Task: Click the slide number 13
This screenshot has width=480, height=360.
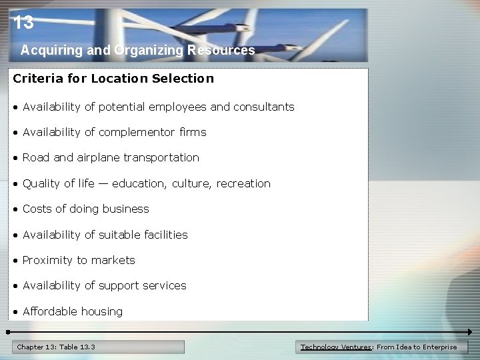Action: pos(23,23)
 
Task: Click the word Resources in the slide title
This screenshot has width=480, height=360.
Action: pos(221,50)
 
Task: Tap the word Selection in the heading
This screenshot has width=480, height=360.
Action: pos(183,79)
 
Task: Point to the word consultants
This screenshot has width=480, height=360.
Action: pos(263,107)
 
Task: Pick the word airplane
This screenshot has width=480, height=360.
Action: pos(99,158)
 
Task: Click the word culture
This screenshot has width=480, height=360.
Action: pos(190,183)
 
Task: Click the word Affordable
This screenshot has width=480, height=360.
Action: pos(50,311)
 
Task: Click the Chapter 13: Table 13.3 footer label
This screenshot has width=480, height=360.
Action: pos(56,347)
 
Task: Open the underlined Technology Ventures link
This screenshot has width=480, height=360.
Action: pos(337,347)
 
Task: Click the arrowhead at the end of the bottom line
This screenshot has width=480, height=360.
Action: pos(469,331)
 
